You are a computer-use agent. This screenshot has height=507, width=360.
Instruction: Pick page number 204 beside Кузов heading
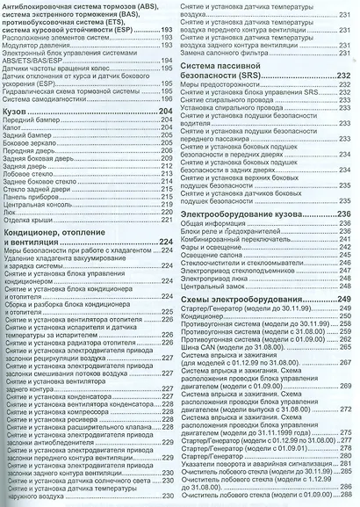161,114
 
